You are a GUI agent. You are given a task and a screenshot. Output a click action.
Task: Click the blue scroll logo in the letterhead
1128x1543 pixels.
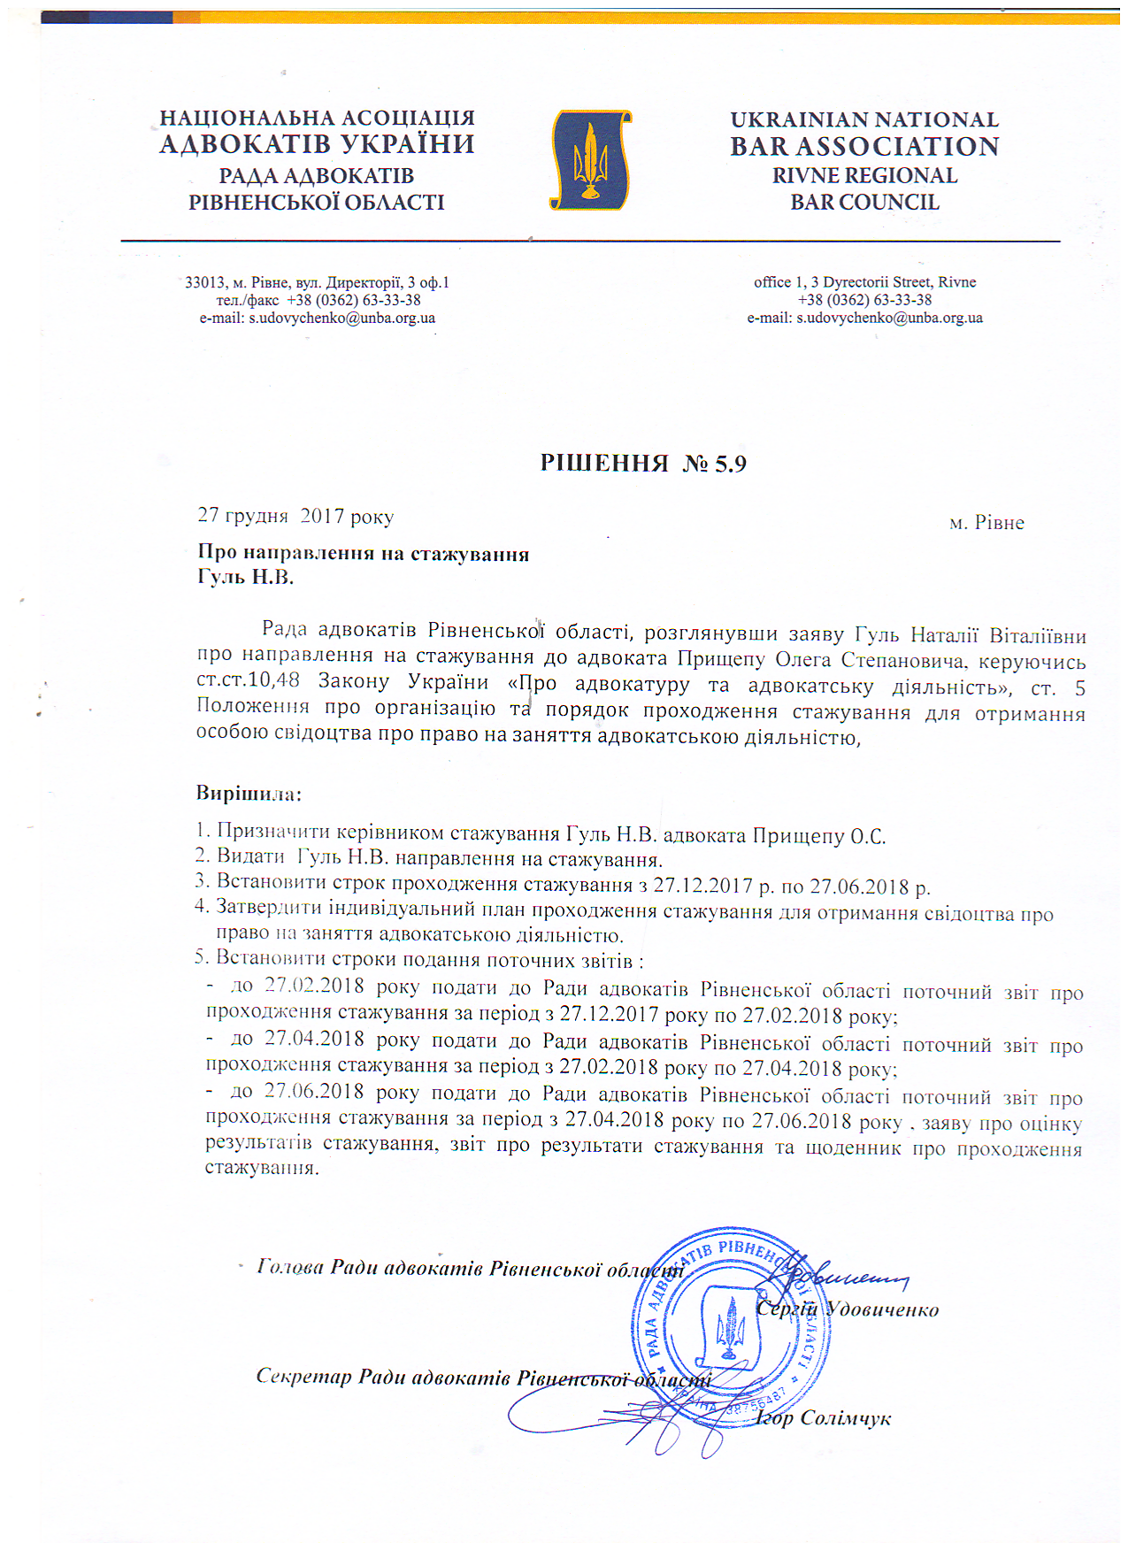tap(590, 159)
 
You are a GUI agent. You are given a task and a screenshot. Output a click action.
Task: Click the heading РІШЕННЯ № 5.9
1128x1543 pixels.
tap(643, 464)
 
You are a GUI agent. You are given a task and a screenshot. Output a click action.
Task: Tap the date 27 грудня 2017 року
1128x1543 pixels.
tap(295, 516)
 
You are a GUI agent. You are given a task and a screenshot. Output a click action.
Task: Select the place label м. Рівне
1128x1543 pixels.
tap(986, 523)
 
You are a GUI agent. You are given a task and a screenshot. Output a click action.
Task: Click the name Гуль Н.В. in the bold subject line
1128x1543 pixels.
tap(245, 578)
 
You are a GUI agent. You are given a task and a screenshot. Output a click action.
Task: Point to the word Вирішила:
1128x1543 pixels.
tap(249, 793)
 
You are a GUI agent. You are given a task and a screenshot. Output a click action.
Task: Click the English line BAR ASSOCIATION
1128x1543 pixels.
tap(864, 146)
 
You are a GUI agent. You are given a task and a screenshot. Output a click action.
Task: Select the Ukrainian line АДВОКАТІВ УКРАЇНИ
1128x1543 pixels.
tap(317, 144)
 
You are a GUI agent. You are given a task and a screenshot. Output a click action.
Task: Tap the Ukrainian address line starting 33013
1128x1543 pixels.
tap(317, 282)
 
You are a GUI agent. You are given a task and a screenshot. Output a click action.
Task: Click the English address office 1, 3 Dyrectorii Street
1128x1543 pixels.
tap(864, 282)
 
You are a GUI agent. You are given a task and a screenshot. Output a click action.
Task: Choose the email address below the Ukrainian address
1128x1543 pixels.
tap(317, 318)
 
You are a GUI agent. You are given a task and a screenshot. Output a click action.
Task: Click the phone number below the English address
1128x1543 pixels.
tap(864, 300)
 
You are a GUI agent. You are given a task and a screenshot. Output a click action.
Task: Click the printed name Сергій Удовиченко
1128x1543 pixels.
tap(848, 1309)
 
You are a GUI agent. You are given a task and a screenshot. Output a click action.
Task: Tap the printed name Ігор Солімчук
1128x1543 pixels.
tap(823, 1418)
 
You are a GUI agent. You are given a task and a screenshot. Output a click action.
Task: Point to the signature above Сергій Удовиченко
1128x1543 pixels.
tap(836, 1275)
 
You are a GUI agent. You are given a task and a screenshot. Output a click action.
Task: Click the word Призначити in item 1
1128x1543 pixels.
tap(273, 833)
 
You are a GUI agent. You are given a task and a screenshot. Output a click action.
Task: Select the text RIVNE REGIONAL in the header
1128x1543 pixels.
tap(864, 175)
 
